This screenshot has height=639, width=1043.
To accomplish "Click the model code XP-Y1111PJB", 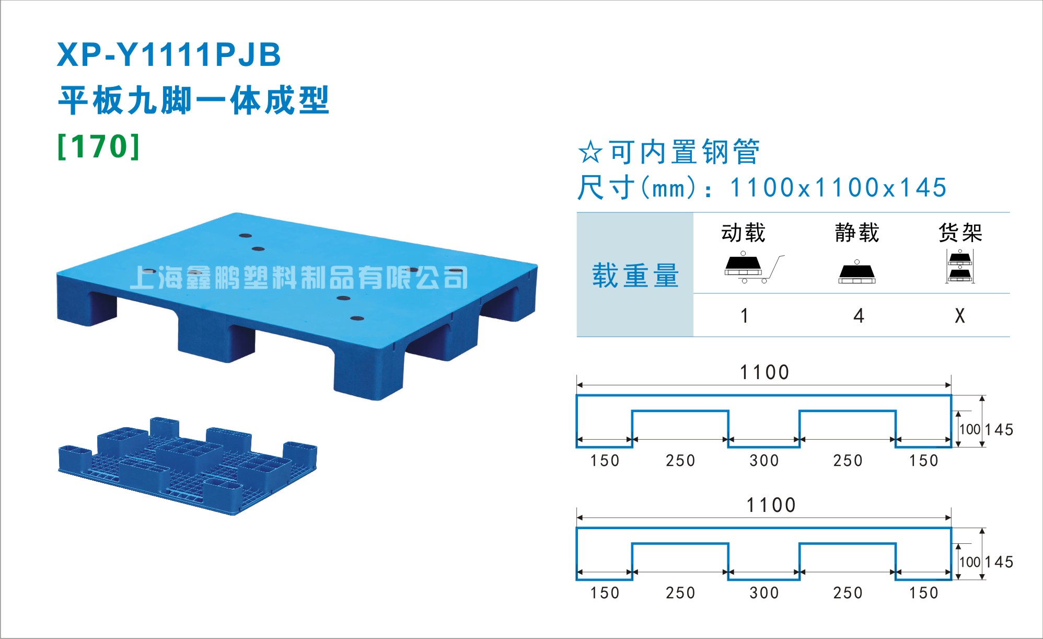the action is (x=169, y=54).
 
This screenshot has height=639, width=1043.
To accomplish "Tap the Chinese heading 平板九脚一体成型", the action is (x=193, y=100).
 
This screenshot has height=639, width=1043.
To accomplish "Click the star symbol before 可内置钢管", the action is (x=590, y=152).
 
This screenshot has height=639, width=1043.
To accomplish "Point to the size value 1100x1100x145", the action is (x=838, y=187).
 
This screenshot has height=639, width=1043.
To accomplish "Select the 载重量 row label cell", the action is (x=635, y=275).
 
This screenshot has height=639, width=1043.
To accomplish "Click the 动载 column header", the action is (x=743, y=233).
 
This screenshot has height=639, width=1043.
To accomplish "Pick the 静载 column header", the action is (x=857, y=233).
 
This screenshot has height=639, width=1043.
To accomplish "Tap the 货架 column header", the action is (x=960, y=233).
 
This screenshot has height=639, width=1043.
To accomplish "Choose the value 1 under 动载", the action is (x=745, y=316).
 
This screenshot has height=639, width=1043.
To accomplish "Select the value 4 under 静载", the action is (x=859, y=316).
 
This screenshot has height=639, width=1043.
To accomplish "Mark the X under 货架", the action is (x=960, y=316).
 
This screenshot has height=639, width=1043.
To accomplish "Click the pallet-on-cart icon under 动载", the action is (x=752, y=268).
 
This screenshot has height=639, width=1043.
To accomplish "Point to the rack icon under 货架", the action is (x=960, y=267).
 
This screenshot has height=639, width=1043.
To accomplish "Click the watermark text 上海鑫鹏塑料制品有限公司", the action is (x=298, y=277).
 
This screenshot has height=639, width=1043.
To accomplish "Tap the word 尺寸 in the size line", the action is (x=606, y=187).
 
